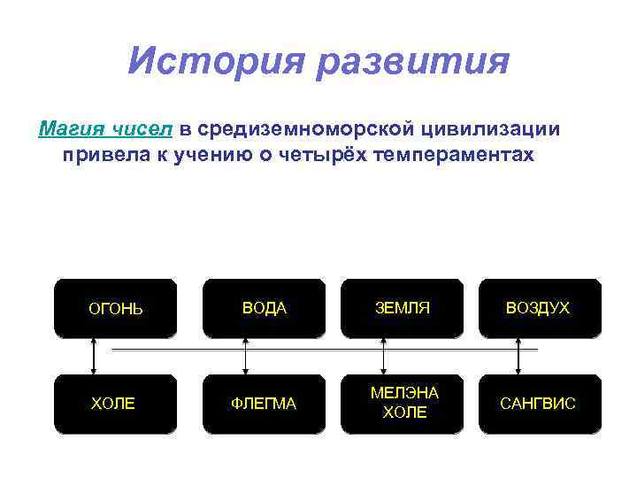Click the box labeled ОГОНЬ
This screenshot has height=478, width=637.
116,309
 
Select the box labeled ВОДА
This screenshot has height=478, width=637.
265,308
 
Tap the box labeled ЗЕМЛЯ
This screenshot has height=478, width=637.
402,308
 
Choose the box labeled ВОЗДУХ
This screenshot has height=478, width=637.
538,308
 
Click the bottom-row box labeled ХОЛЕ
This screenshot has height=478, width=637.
114,404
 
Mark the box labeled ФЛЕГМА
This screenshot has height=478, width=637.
264,404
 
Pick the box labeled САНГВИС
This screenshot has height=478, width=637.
538,404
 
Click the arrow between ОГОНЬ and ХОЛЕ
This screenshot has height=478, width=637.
92,356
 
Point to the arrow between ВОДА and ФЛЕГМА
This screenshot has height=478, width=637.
246,356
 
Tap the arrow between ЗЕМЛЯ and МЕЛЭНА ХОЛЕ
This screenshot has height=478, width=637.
383,356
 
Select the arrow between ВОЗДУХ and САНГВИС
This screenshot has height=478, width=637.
519,356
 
